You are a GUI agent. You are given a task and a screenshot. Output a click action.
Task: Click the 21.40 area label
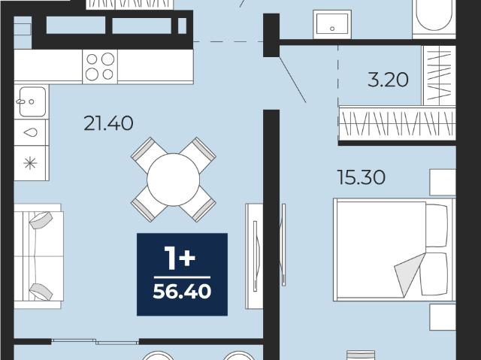[x=108, y=123]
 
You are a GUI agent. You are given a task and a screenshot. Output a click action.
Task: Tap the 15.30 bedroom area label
[x=361, y=177]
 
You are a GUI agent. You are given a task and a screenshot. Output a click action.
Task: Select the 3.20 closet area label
[x=388, y=80]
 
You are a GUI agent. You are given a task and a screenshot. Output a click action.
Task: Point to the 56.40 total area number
[x=182, y=292]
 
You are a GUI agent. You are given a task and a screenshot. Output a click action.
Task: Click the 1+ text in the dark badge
[x=180, y=259]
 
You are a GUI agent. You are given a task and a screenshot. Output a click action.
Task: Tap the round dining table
[x=174, y=180]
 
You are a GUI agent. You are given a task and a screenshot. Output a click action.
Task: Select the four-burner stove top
[x=100, y=67]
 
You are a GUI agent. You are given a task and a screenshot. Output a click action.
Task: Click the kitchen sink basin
[x=32, y=101]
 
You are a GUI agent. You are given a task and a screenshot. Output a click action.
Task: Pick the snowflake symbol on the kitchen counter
[x=30, y=163]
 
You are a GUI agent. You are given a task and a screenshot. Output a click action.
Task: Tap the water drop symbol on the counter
[x=30, y=132]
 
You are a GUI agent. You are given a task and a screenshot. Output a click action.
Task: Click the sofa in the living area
[x=38, y=256]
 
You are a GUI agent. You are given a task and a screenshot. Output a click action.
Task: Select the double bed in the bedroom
[x=395, y=250]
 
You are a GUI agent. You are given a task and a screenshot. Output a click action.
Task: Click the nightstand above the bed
[x=443, y=182]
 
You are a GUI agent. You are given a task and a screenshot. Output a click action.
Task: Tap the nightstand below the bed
[x=443, y=317]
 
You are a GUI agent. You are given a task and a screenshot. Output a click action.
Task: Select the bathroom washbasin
[x=332, y=24]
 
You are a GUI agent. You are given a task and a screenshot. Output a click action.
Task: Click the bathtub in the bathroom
[x=434, y=18]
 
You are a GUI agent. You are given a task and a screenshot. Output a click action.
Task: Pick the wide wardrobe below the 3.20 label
[x=398, y=123]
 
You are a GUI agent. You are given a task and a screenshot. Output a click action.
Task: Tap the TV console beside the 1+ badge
[x=254, y=256]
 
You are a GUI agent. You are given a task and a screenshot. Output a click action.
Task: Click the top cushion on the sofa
[x=41, y=220]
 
